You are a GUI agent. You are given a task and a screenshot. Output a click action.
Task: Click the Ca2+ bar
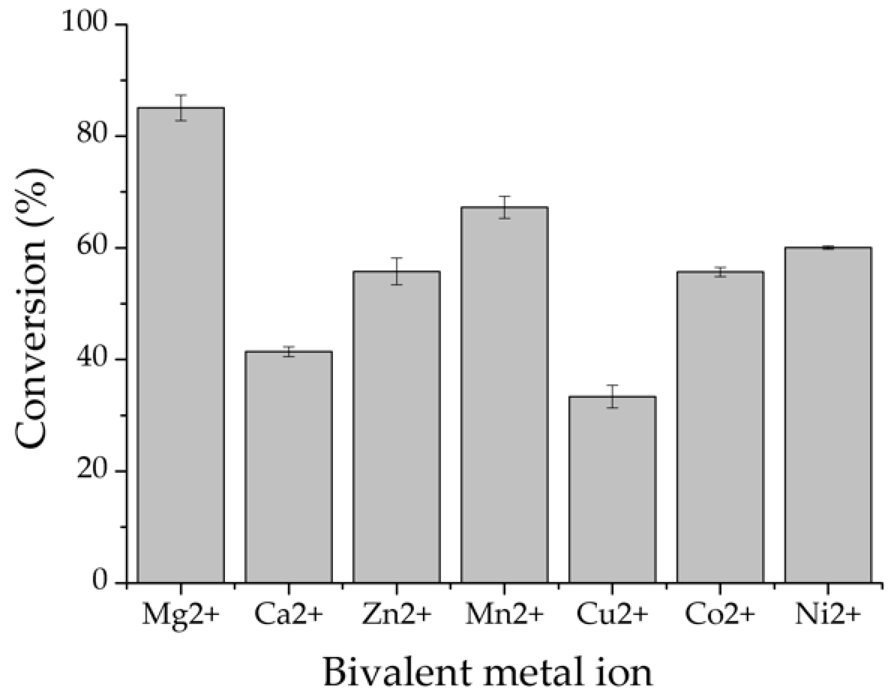(289, 467)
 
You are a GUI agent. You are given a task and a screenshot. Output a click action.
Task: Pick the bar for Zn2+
(397, 427)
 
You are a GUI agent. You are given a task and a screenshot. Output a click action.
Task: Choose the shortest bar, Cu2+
(612, 490)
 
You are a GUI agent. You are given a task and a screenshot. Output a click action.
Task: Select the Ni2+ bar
(828, 415)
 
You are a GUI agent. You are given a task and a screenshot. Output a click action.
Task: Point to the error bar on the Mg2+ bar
(181, 107)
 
